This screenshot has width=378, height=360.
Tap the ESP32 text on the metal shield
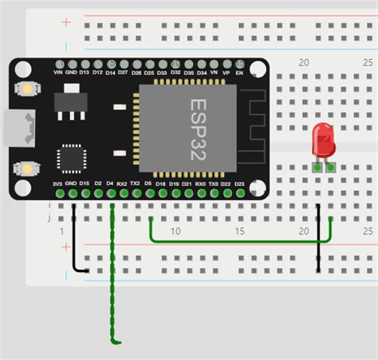point(198,129)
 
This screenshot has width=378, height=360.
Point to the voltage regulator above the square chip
point(69,105)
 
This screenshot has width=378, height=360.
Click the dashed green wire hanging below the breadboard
point(112,287)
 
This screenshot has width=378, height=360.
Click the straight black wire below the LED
point(318,239)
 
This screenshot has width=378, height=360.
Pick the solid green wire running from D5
point(239,239)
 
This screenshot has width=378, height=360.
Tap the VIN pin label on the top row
point(57,73)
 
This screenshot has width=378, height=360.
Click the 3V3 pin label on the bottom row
point(57,184)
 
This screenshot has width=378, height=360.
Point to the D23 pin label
point(239,184)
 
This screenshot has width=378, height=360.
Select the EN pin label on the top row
point(239,73)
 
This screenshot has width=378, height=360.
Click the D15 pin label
point(85,184)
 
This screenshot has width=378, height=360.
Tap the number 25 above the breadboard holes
point(367,62)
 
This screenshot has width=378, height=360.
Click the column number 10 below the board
point(175,231)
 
